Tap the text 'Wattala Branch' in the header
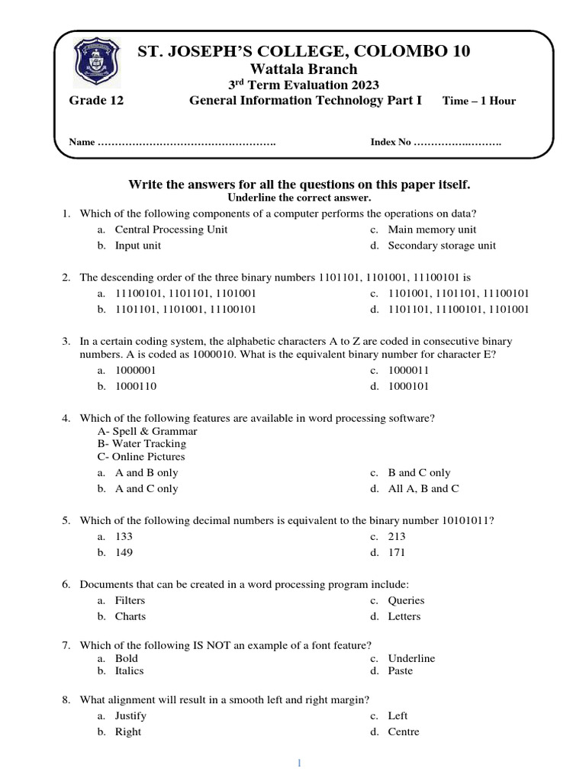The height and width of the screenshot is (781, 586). point(304,69)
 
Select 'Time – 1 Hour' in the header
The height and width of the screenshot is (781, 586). point(479,101)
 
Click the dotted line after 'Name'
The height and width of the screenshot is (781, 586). point(188,143)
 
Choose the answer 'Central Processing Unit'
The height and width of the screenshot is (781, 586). point(171,230)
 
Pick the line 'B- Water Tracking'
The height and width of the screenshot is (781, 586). point(142,444)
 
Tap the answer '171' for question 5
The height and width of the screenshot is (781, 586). point(397,553)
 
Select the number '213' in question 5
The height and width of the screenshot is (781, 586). point(397,537)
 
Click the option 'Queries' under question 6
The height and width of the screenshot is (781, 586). point(406,601)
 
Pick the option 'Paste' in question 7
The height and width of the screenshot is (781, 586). point(400,671)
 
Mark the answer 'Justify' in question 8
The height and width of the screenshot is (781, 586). point(130,716)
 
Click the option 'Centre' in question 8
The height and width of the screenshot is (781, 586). point(404,732)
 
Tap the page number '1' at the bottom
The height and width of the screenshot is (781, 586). point(300,763)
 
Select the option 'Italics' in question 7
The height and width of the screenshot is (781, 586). point(129,671)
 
